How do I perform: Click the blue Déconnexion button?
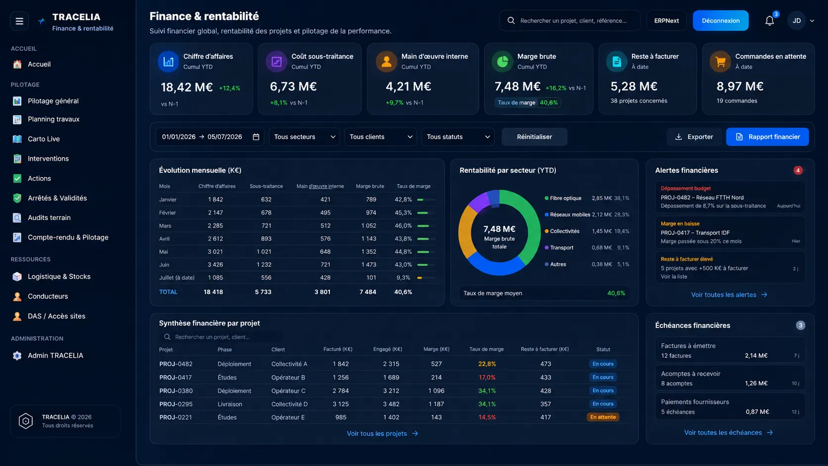(x=721, y=20)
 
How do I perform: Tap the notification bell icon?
(x=769, y=21)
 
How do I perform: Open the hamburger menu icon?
(x=19, y=21)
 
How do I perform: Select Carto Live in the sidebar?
(x=44, y=139)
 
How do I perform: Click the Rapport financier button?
(x=768, y=137)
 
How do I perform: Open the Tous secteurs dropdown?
(x=304, y=137)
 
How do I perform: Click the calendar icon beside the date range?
(x=256, y=137)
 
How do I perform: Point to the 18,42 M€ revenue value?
(x=187, y=87)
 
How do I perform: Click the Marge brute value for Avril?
(x=368, y=239)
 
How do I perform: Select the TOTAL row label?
(x=168, y=292)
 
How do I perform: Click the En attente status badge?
(x=603, y=417)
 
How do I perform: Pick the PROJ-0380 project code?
(x=176, y=391)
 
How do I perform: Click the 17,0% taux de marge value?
(x=487, y=377)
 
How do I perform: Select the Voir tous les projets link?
(x=382, y=433)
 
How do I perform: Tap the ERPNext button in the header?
(x=667, y=21)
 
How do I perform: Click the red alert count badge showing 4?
(x=798, y=170)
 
